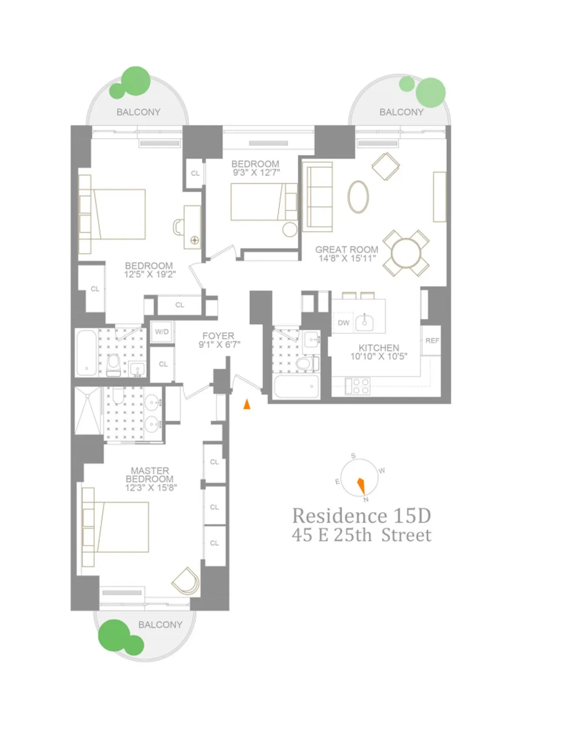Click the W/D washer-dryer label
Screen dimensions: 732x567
(x=162, y=332)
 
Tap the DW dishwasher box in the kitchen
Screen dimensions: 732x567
(x=344, y=323)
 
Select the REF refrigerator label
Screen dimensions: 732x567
(x=432, y=340)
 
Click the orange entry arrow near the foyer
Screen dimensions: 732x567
(x=247, y=404)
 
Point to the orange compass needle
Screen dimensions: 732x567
(x=361, y=484)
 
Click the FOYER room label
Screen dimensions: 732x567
(x=218, y=336)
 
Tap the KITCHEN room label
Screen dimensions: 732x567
(x=378, y=348)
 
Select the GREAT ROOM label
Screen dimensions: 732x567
(x=347, y=250)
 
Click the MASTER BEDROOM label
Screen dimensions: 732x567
(x=150, y=474)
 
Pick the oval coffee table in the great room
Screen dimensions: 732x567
(x=358, y=197)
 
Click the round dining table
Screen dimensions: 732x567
(x=406, y=253)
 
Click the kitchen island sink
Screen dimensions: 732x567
(x=364, y=322)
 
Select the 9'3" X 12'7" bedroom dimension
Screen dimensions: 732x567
(x=256, y=172)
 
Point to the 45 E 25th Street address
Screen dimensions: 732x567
(x=361, y=535)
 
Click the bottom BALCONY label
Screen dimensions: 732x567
(x=160, y=624)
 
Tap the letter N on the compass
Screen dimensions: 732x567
(x=366, y=499)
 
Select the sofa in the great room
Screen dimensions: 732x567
(x=318, y=197)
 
